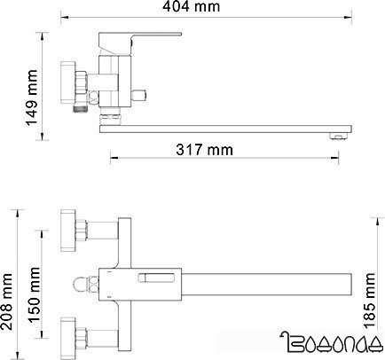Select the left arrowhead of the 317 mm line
tap(112, 158)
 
